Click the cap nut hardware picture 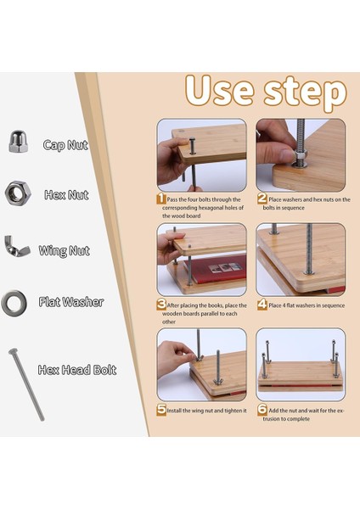(18, 141)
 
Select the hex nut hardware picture (18, 193)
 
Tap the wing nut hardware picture (17, 246)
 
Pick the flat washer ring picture (14, 304)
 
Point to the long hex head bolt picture (26, 384)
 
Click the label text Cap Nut (65, 145)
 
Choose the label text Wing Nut (64, 250)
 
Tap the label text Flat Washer (71, 302)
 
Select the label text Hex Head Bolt (77, 370)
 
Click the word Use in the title (219, 90)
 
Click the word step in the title (306, 92)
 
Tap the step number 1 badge (160, 199)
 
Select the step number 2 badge (262, 199)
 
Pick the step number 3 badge (161, 305)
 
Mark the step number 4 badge (262, 305)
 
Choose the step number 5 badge (161, 410)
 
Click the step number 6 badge (262, 410)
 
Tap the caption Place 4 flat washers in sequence (307, 305)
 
